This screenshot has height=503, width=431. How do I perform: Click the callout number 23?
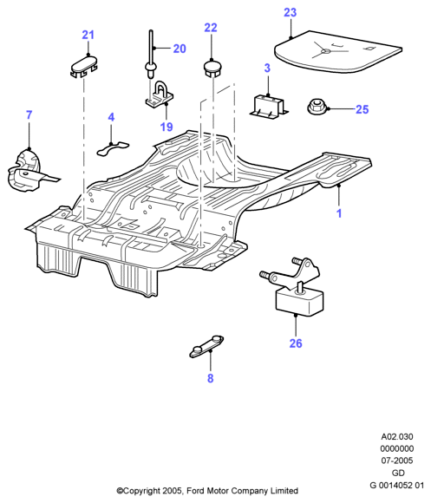[291, 12]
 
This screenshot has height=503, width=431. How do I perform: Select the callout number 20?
[180, 49]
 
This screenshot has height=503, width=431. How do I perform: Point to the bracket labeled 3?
[269, 106]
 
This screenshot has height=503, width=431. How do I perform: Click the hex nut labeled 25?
[317, 107]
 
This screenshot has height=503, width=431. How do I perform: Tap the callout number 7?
[29, 114]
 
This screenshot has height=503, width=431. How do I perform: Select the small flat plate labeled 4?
[113, 148]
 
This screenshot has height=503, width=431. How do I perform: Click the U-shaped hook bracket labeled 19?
[160, 95]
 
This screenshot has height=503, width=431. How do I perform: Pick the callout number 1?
[339, 213]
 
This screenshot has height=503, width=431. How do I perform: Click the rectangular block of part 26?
[299, 300]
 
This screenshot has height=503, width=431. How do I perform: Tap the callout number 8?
[210, 378]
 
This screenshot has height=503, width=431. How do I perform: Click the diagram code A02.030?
[397, 436]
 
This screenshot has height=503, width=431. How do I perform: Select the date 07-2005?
[397, 461]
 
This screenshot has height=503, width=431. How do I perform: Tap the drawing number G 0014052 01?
[397, 485]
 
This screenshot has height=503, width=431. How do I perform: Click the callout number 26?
[296, 343]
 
